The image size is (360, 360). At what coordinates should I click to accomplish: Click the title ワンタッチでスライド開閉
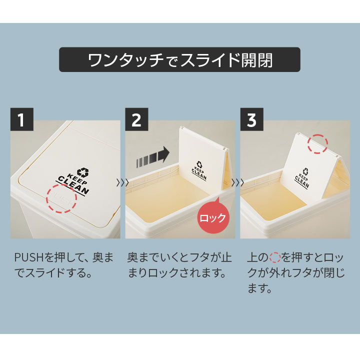(180, 60)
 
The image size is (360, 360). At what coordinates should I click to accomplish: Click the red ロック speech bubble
(213, 217)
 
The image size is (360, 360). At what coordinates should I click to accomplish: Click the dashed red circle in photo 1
(62, 198)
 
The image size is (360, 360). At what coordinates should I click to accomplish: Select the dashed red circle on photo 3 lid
(317, 144)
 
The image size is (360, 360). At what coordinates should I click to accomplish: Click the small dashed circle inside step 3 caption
(274, 258)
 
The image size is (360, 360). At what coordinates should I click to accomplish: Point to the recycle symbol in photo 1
(82, 173)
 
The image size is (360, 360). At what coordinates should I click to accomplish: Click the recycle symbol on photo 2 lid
(200, 164)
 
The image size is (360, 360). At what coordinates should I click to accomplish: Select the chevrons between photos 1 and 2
(122, 183)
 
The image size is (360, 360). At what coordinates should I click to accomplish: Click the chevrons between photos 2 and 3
(237, 183)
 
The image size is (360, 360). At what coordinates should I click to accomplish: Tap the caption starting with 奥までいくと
(179, 265)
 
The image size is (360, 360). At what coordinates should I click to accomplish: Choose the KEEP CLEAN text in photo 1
(73, 184)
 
